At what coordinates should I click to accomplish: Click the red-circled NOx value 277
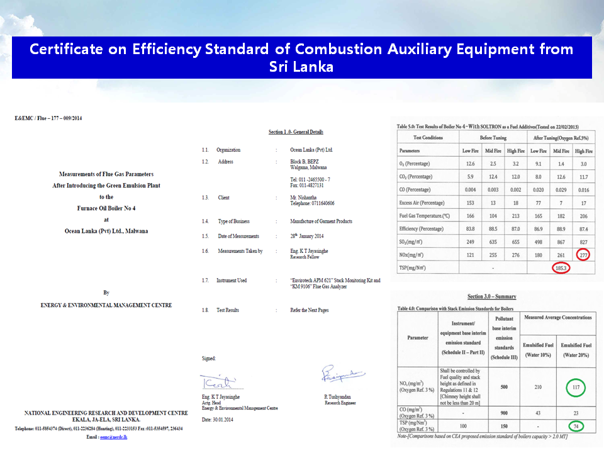point(584,255)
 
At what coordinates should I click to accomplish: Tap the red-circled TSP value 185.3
point(561,268)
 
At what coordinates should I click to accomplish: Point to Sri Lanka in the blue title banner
point(301,67)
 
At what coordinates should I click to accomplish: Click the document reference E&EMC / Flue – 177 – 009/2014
point(48,118)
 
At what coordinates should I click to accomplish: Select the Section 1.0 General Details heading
point(296,131)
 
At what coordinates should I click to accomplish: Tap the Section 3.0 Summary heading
point(491,296)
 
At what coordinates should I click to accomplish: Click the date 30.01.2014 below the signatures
point(217,419)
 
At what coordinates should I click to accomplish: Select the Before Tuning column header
point(493,138)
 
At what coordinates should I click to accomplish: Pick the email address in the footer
point(111,436)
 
